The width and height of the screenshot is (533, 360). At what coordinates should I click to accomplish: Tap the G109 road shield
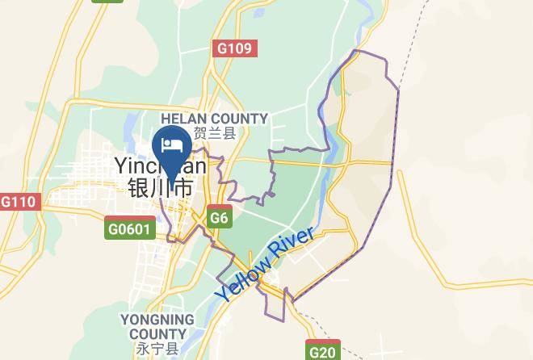pos(235,48)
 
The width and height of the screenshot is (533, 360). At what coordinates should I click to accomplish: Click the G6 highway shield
pos(219,217)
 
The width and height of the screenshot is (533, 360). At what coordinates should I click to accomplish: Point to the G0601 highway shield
pos(129,229)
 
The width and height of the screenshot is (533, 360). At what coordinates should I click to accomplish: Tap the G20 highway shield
pos(323,351)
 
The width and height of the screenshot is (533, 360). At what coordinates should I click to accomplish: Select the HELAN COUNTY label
pos(214,119)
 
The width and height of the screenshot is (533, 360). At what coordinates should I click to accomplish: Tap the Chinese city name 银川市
pos(160,189)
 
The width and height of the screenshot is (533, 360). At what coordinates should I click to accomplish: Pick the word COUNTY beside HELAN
pos(241,119)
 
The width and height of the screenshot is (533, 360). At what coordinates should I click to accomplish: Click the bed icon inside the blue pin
pos(171,144)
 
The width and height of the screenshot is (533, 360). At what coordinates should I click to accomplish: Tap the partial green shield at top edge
pos(107,2)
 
